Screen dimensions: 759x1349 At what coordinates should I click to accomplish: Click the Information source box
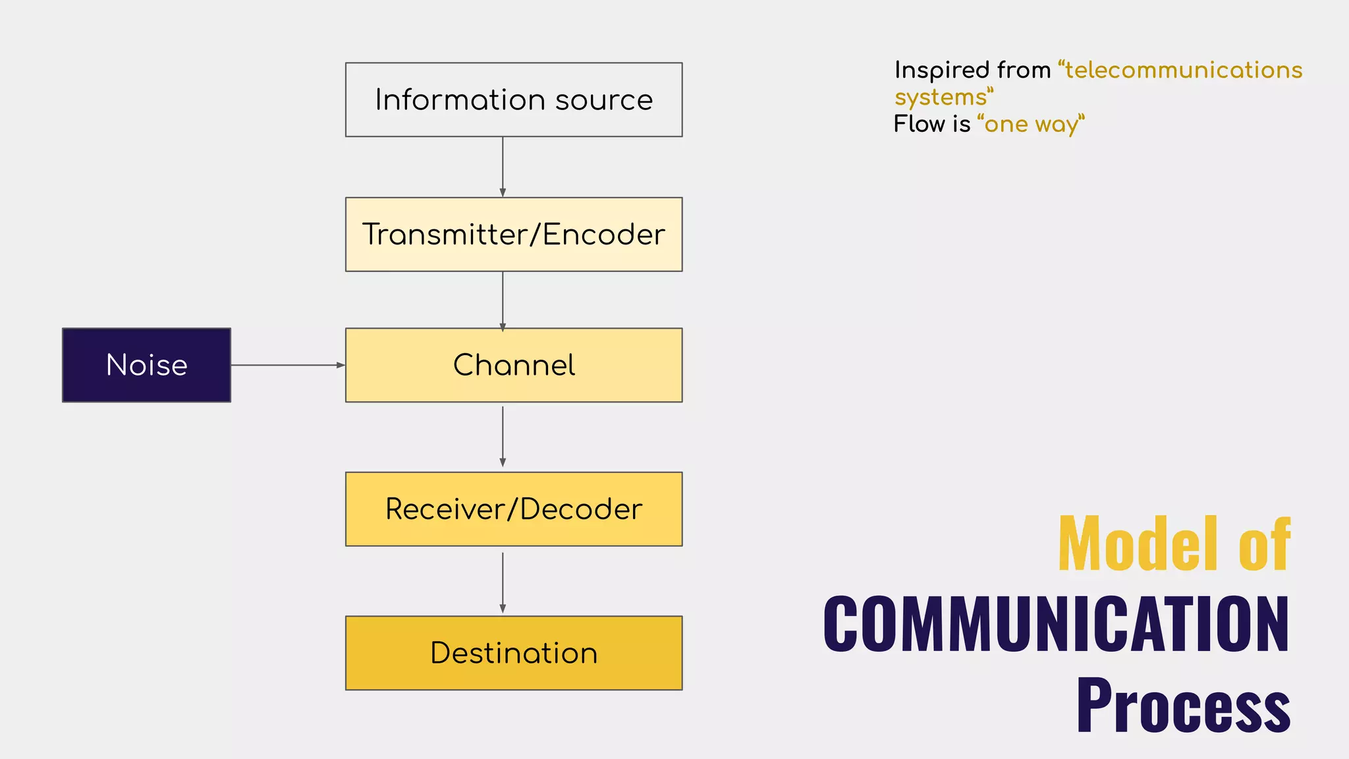click(514, 100)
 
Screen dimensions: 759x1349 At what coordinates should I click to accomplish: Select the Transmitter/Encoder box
click(514, 235)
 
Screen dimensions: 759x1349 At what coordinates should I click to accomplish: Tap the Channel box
click(514, 365)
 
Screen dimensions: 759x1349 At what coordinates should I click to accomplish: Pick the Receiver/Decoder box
click(514, 509)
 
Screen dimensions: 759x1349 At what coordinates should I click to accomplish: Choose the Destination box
click(514, 653)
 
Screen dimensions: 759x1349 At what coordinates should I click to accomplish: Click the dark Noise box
click(146, 365)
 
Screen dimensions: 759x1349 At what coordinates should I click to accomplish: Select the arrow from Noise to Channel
click(288, 365)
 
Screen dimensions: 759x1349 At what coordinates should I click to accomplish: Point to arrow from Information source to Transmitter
click(503, 167)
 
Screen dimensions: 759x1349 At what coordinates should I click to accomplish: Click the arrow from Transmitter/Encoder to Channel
click(503, 300)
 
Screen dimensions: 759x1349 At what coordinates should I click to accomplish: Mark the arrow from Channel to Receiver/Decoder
click(503, 436)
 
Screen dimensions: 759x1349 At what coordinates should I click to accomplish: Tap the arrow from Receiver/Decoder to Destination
click(503, 581)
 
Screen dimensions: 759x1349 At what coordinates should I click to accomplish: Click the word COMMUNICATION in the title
click(1056, 624)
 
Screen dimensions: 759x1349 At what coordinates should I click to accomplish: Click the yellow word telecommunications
click(1183, 70)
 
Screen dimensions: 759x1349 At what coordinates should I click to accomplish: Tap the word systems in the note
click(941, 98)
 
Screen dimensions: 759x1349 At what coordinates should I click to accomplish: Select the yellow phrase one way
click(1031, 125)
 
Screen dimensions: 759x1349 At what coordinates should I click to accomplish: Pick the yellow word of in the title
click(1263, 544)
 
